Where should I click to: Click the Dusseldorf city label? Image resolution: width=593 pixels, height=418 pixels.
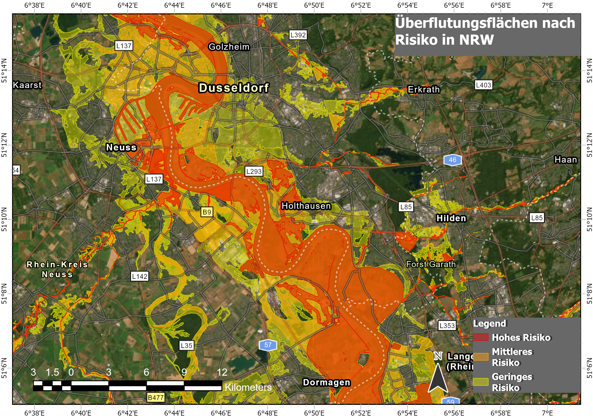[233, 88]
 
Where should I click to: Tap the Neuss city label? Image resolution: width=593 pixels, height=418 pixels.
[121, 147]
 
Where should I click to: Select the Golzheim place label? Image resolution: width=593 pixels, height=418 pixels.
[229, 47]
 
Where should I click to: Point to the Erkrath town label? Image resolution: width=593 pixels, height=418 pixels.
[423, 89]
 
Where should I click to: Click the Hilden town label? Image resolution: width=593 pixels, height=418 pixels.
[451, 218]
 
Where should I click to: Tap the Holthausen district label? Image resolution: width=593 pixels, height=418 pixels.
[306, 206]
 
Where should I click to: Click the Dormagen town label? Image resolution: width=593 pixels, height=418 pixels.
[326, 382]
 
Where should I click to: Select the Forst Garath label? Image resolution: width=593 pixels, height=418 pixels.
[431, 264]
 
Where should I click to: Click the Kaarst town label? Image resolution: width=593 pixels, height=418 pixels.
[27, 85]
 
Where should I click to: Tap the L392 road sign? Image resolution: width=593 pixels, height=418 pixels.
[298, 35]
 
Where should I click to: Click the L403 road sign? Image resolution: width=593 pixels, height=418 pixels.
[483, 85]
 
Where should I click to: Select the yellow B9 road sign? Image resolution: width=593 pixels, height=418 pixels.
[207, 212]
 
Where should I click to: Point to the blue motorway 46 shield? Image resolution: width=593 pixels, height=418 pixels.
[452, 160]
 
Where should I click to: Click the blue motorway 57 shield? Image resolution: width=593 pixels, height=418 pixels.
[268, 345]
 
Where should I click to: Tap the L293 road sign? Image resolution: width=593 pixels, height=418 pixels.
[254, 171]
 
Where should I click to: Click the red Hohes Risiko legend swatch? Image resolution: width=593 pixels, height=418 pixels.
[481, 337]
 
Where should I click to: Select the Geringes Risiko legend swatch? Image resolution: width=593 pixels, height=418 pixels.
[481, 382]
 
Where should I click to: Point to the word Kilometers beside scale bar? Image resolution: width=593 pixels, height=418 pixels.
[248, 387]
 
